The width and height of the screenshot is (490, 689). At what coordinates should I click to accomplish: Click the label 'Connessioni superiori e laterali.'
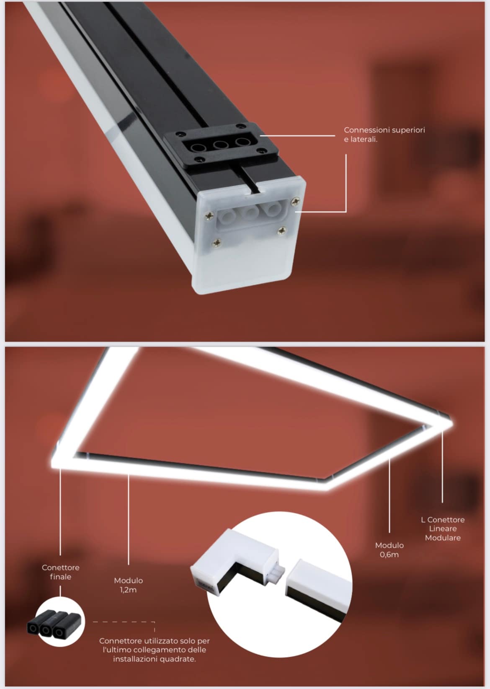tap(384, 135)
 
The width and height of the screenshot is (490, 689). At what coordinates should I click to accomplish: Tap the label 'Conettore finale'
tap(60, 572)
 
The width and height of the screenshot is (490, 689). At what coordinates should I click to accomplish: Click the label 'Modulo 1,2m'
tap(128, 585)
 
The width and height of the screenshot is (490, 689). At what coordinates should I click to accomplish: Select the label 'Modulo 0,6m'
tap(389, 550)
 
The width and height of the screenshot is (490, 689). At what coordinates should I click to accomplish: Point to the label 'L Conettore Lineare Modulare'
tap(443, 528)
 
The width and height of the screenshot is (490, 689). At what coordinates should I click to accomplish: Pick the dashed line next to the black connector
tap(124, 622)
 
